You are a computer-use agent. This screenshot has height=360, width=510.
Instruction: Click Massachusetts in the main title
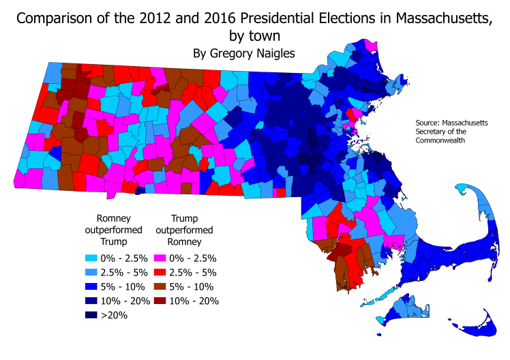pos(436,18)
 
